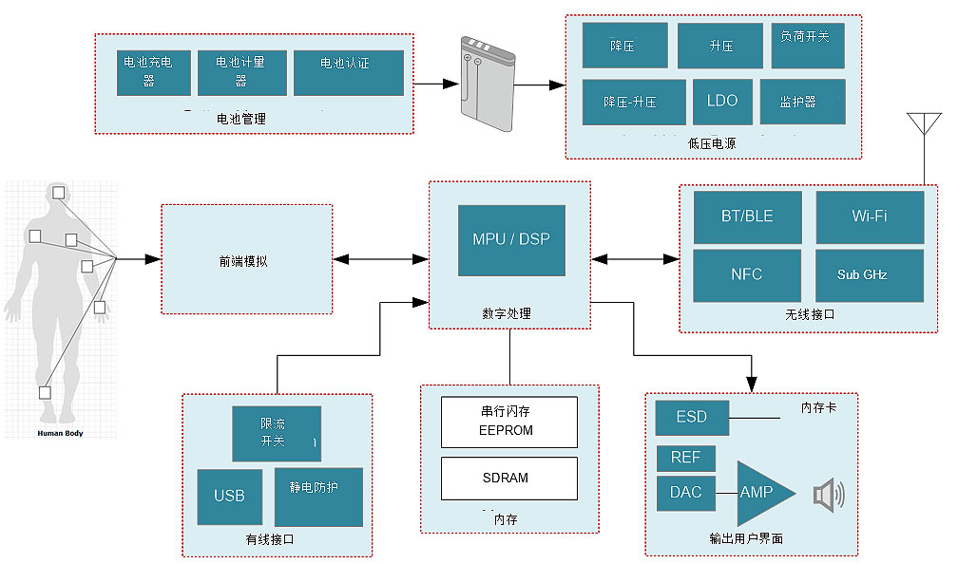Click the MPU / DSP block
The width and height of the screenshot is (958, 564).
coord(511,240)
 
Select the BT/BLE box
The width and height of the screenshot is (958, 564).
coord(747,216)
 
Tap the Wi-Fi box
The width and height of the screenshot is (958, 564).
coord(870,216)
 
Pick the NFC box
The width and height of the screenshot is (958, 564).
coord(747,275)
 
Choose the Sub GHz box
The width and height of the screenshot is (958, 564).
coord(870,275)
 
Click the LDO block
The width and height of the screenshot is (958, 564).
coord(722,102)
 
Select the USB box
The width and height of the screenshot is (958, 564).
coord(229,496)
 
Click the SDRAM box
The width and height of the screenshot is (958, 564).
coord(509,478)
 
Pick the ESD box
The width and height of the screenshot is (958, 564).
coord(692,417)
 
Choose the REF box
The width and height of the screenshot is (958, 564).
coord(685,458)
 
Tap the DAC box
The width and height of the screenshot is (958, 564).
coord(685,493)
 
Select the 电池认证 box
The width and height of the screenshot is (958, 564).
coord(348,72)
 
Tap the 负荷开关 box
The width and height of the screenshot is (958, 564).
coord(808,46)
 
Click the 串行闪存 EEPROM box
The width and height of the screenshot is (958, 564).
coord(509,423)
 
